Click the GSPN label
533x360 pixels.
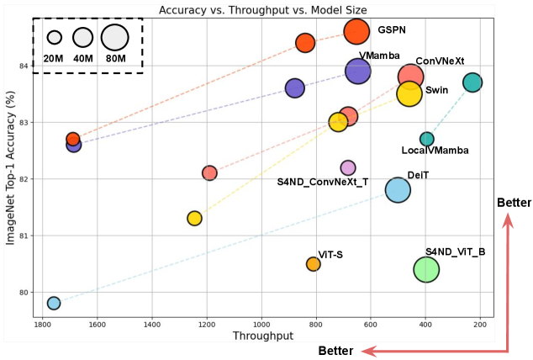tap(392, 29)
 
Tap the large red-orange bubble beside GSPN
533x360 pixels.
tap(356, 31)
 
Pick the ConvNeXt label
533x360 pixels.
tap(440, 61)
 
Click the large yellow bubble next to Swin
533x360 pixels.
tap(409, 93)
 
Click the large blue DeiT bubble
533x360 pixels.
tap(398, 190)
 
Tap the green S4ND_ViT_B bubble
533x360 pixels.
tap(426, 269)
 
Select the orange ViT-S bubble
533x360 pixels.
tap(314, 264)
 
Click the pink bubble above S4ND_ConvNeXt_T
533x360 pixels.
tap(348, 168)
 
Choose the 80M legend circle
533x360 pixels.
tap(114, 38)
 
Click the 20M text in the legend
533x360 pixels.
tap(54, 58)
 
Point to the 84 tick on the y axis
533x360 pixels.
tap(24, 66)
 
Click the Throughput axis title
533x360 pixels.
tap(262, 336)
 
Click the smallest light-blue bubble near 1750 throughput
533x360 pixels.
tap(54, 303)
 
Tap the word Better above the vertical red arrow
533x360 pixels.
tap(514, 204)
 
